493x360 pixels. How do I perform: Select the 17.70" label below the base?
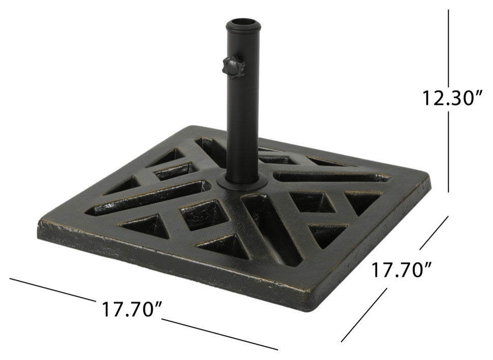tap(131, 309)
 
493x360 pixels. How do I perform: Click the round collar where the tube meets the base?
tap(243, 182)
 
